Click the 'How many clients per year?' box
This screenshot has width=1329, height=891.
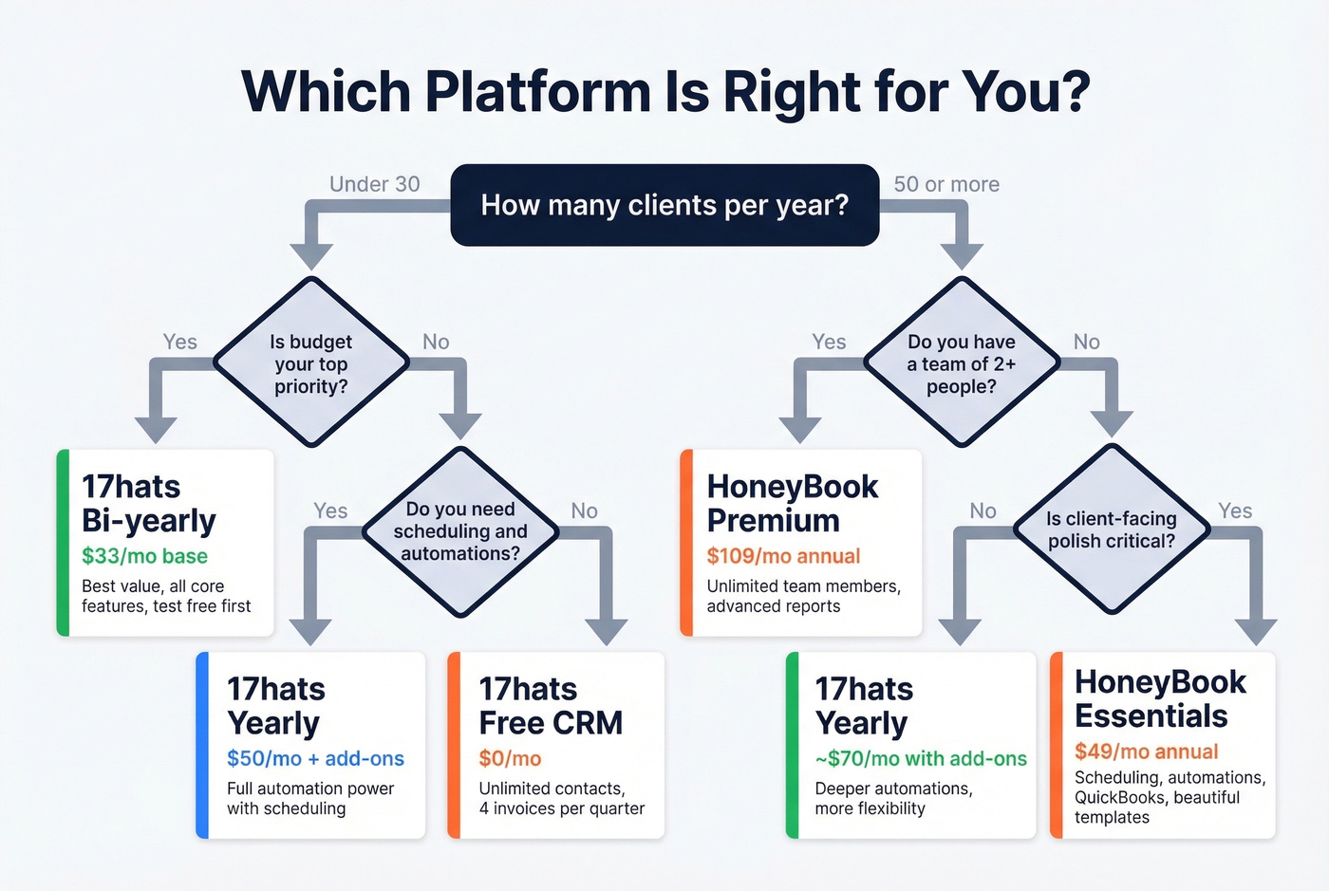coord(664,205)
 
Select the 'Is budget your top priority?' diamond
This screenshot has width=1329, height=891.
coord(311,363)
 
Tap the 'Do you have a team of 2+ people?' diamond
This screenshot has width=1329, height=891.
coord(962,363)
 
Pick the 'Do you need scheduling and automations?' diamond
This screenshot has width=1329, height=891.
coord(460,531)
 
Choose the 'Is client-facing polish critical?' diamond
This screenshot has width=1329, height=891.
coord(1111,530)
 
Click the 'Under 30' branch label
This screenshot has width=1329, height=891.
coord(374,184)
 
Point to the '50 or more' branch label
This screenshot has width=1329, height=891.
coord(946,184)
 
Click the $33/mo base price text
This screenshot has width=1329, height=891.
coord(144,556)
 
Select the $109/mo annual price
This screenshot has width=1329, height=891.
coord(783,556)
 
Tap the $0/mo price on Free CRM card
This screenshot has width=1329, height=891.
coord(510,758)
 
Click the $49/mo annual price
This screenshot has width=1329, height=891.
coord(1146,752)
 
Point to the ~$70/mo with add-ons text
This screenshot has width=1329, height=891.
coord(921,758)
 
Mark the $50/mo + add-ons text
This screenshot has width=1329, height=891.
coord(315,758)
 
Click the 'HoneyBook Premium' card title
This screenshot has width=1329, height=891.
coord(792,504)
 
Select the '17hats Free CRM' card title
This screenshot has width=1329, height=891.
coord(551,706)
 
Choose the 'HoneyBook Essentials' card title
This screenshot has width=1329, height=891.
coord(1160,698)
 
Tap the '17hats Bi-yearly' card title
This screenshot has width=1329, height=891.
coord(149,504)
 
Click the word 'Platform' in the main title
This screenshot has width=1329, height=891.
coord(537,92)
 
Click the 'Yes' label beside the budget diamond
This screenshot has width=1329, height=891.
coord(179,342)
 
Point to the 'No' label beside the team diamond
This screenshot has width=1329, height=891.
coord(1086,342)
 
